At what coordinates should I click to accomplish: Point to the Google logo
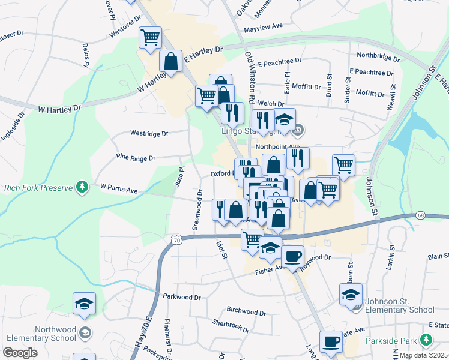point(20,353)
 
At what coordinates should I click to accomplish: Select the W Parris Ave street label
point(119,188)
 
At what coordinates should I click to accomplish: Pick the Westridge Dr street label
point(149,133)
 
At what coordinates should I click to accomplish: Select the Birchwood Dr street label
point(246,312)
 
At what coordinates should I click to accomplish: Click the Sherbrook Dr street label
point(231,326)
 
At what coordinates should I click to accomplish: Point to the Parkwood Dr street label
point(181,297)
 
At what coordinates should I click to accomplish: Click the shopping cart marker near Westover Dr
point(150,37)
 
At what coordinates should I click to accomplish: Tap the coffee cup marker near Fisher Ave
point(292,256)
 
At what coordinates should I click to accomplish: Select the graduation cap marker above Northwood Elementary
point(84,304)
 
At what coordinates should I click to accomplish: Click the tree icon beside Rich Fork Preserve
point(82,187)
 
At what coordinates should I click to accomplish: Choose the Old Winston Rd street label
point(250,75)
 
